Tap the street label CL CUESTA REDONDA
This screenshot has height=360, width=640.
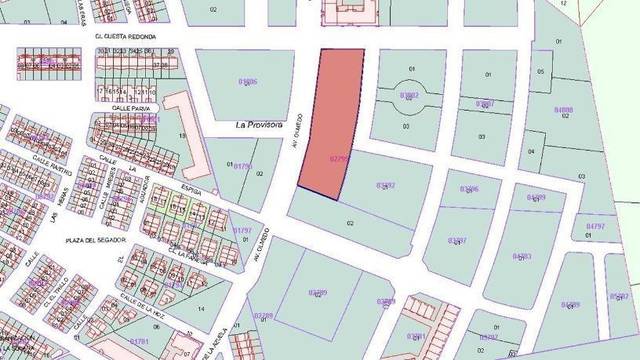click(124, 37)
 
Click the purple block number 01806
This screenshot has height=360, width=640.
click(248, 81)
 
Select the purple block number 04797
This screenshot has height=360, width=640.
click(595, 227)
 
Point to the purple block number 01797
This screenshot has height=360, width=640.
click(242, 231)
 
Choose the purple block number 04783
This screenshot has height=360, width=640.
click(521, 256)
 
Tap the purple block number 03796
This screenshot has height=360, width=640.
click(468, 188)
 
